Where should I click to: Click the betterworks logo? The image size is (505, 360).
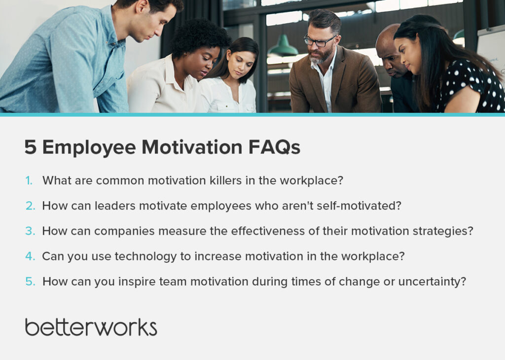click(91, 327)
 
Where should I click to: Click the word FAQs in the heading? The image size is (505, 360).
click(274, 147)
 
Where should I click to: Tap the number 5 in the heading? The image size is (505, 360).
click(30, 147)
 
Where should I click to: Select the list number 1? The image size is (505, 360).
click(29, 180)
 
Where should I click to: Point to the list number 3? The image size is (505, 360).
click(30, 231)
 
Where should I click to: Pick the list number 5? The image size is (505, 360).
click(30, 282)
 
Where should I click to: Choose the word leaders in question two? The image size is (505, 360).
click(115, 206)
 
